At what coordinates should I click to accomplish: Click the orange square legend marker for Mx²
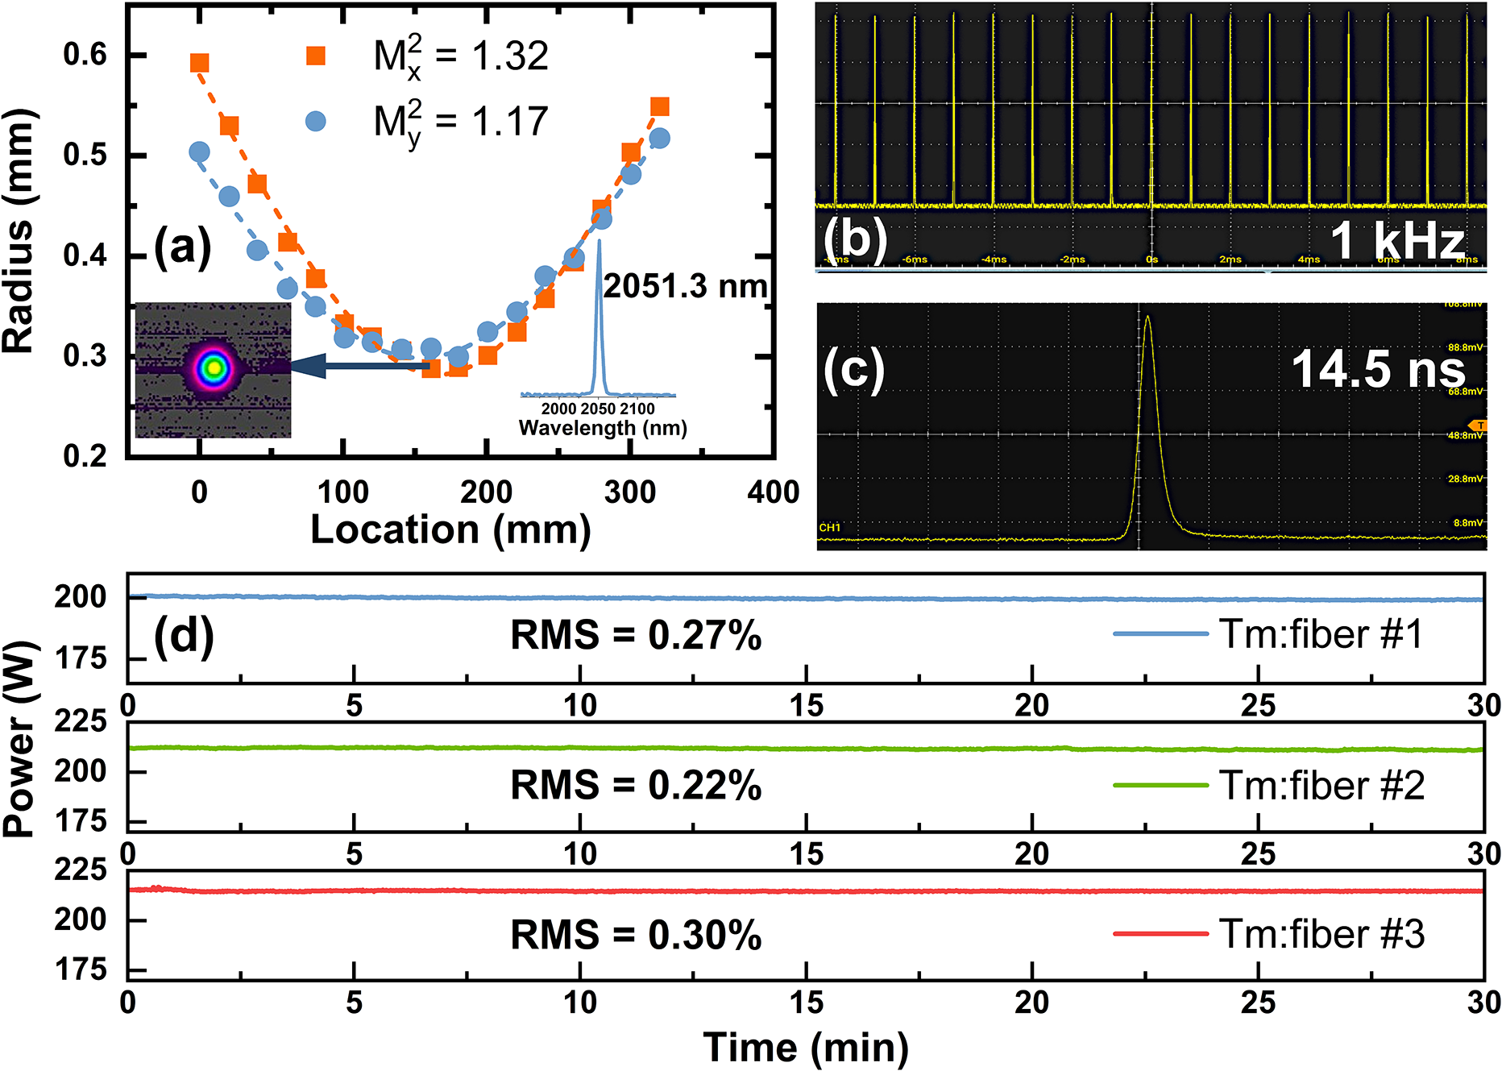tap(316, 56)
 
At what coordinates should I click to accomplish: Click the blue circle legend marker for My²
tap(316, 122)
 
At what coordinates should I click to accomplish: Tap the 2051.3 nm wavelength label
tap(685, 286)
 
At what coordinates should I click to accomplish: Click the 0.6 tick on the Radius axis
tap(85, 55)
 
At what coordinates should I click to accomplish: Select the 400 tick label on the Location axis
tap(772, 492)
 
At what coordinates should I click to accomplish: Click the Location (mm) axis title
tap(450, 529)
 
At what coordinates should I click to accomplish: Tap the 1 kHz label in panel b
tap(1396, 240)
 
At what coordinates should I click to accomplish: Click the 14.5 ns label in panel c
tap(1378, 369)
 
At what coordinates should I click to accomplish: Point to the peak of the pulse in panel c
tap(1147, 317)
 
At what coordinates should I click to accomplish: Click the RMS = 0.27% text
tap(636, 635)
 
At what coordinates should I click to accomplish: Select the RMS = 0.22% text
tap(636, 785)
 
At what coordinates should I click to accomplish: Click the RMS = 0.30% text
tap(636, 935)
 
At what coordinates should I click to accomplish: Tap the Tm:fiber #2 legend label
tap(1322, 785)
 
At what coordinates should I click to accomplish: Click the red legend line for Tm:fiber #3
tap(1160, 934)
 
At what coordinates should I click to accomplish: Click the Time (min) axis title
tap(806, 1047)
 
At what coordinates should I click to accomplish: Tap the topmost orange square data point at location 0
tap(199, 63)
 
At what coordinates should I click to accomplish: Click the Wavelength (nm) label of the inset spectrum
tap(603, 427)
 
